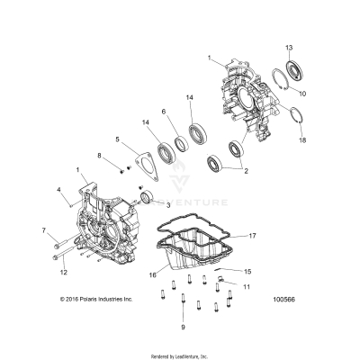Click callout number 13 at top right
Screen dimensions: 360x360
[x=289, y=46]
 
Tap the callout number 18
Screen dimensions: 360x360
[x=302, y=140]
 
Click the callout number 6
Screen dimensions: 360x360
[x=163, y=112]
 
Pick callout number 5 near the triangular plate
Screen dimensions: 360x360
[x=117, y=139]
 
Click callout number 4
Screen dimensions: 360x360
[x=59, y=190]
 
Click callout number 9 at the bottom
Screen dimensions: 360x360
[x=183, y=328]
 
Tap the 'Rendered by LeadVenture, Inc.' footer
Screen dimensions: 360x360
[x=180, y=354]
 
